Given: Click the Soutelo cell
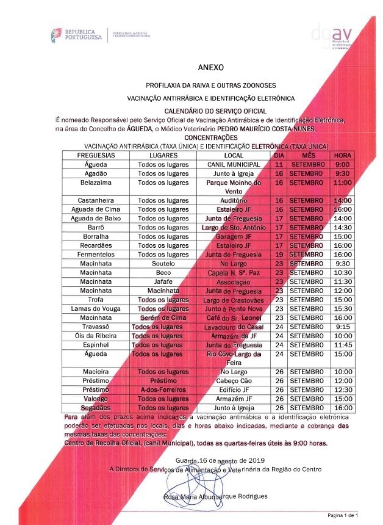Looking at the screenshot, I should tap(163, 263).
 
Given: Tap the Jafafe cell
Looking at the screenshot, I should tap(163, 281).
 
